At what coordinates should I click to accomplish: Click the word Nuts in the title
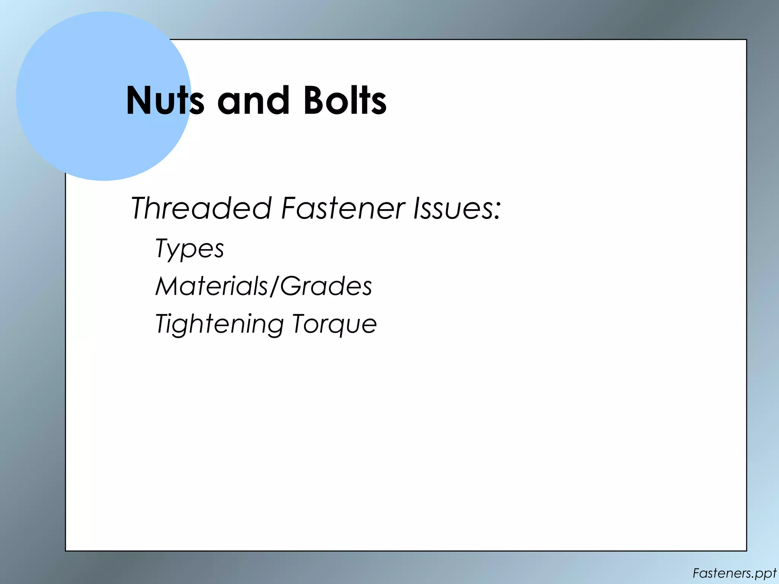[165, 100]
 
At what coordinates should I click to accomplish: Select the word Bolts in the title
[345, 100]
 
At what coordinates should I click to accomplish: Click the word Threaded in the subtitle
[201, 208]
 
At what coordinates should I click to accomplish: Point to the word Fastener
[343, 208]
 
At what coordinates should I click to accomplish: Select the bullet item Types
[189, 249]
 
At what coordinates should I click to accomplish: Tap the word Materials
[211, 286]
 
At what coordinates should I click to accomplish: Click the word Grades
[326, 286]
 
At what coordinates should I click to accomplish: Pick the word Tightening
[219, 324]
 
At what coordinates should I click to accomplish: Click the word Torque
[334, 324]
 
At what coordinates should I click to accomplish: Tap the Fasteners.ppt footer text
[734, 573]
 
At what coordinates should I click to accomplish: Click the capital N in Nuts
[139, 100]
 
